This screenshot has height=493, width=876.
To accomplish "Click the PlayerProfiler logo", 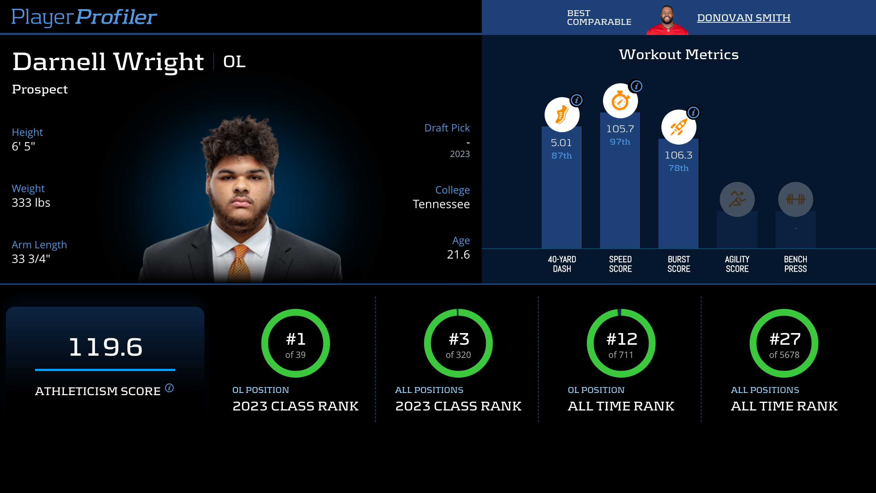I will point(84,17).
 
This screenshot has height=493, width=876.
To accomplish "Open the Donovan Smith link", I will point(744,18).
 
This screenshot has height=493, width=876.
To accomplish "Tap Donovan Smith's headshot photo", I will point(667,20).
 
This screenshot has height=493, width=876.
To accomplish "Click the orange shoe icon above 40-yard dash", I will point(562,115).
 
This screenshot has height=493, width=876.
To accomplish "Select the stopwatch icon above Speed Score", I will point(620,101).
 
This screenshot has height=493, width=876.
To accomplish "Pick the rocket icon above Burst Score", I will point(679,127).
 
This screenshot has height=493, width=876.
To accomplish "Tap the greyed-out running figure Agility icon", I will point(737,199).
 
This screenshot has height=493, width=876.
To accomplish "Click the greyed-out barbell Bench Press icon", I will point(795,199).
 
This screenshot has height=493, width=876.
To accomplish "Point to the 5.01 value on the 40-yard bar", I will point(561,143).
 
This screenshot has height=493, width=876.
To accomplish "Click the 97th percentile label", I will point(620,142).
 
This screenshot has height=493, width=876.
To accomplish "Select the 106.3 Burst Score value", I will point(679,155).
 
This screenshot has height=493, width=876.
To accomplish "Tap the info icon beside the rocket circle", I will point(693,112).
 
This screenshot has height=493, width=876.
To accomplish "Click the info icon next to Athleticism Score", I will point(169,387).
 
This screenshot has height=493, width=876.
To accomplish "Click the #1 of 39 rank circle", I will point(296,343).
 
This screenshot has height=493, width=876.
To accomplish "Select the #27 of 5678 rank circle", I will point(784,343).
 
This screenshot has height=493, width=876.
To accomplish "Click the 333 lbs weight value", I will point(31,203).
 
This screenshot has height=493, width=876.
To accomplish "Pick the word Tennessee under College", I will point(441,204).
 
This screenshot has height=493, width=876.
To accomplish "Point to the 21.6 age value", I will point(458,255).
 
